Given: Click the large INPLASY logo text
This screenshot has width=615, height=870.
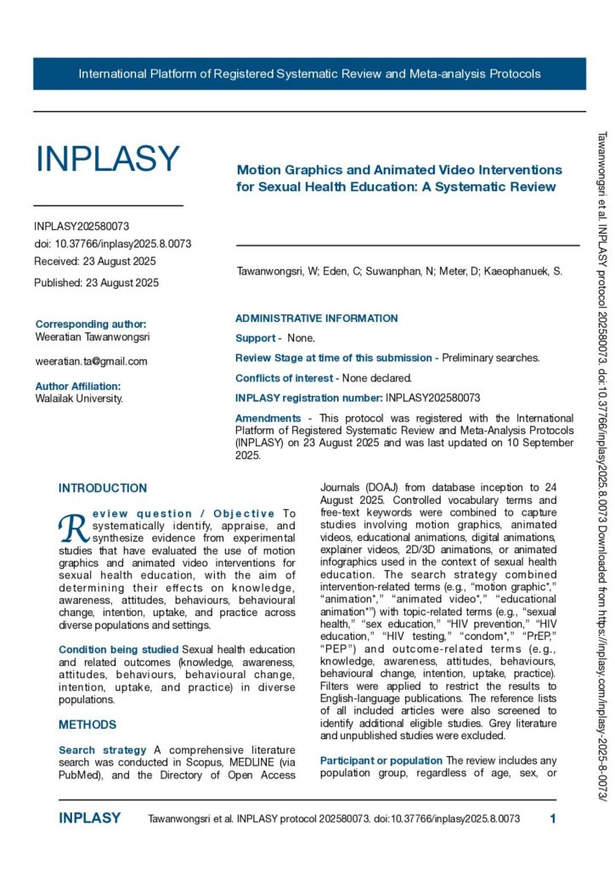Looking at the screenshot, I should (x=107, y=159).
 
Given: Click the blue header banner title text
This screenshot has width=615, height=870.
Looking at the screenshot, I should (x=309, y=74).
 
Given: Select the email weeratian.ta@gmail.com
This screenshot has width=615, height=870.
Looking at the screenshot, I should (x=91, y=361).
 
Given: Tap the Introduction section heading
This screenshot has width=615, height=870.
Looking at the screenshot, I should (x=103, y=489).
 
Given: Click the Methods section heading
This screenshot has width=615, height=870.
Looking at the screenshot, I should (x=87, y=725).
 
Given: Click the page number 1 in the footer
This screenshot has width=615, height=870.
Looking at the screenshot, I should (x=553, y=819).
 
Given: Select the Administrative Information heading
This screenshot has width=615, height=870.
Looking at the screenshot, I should (x=316, y=319).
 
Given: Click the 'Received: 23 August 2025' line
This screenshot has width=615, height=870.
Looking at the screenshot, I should (x=95, y=261).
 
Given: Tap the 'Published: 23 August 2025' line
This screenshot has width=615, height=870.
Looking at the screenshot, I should (x=96, y=283).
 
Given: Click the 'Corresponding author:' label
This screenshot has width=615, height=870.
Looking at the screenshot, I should (x=91, y=324).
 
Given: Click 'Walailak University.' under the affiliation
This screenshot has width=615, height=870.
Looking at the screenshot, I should (x=79, y=398).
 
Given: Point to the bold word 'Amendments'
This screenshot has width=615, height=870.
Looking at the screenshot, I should (x=268, y=418).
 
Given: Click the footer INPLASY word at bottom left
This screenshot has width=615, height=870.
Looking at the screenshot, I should (x=89, y=819).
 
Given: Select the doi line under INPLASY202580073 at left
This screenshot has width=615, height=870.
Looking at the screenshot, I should (x=112, y=244).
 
